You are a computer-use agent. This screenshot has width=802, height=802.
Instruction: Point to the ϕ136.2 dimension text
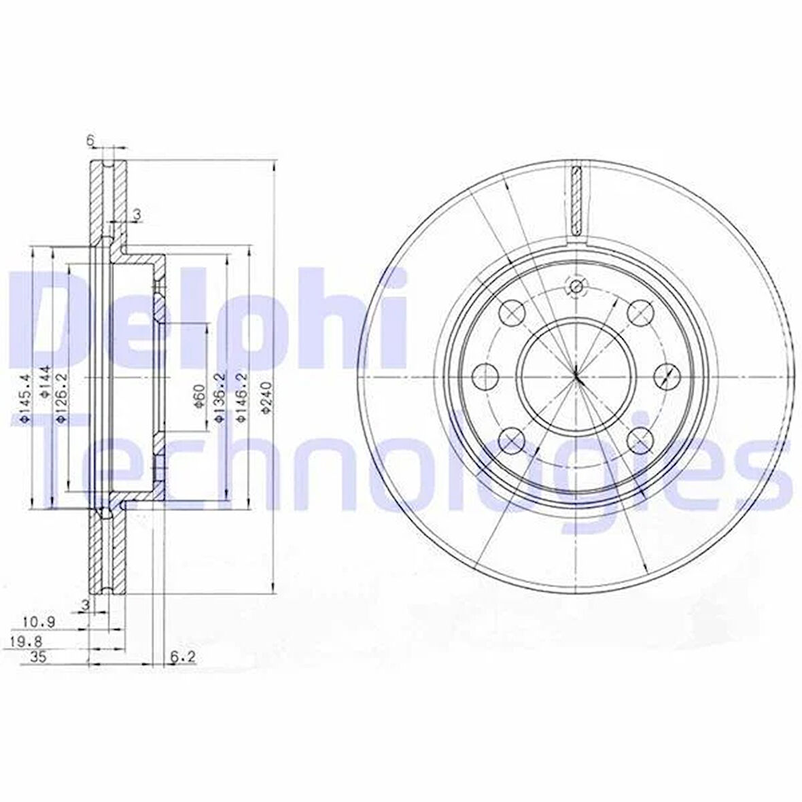pyautogui.click(x=219, y=398)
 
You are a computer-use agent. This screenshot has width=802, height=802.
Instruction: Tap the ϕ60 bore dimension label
pyautogui.click(x=198, y=397)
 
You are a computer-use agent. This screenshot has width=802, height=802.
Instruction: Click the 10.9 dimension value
pyautogui.click(x=39, y=621)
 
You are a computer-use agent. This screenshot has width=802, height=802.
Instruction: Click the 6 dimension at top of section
pyautogui.click(x=90, y=139)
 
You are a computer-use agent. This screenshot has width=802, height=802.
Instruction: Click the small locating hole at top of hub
pyautogui.click(x=576, y=286)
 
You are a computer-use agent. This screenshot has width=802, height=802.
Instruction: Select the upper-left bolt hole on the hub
pyautogui.click(x=512, y=312)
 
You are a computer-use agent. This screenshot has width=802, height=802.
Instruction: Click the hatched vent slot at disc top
pyautogui.click(x=576, y=199)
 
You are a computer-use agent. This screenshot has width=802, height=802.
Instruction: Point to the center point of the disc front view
pyautogui.click(x=576, y=376)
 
